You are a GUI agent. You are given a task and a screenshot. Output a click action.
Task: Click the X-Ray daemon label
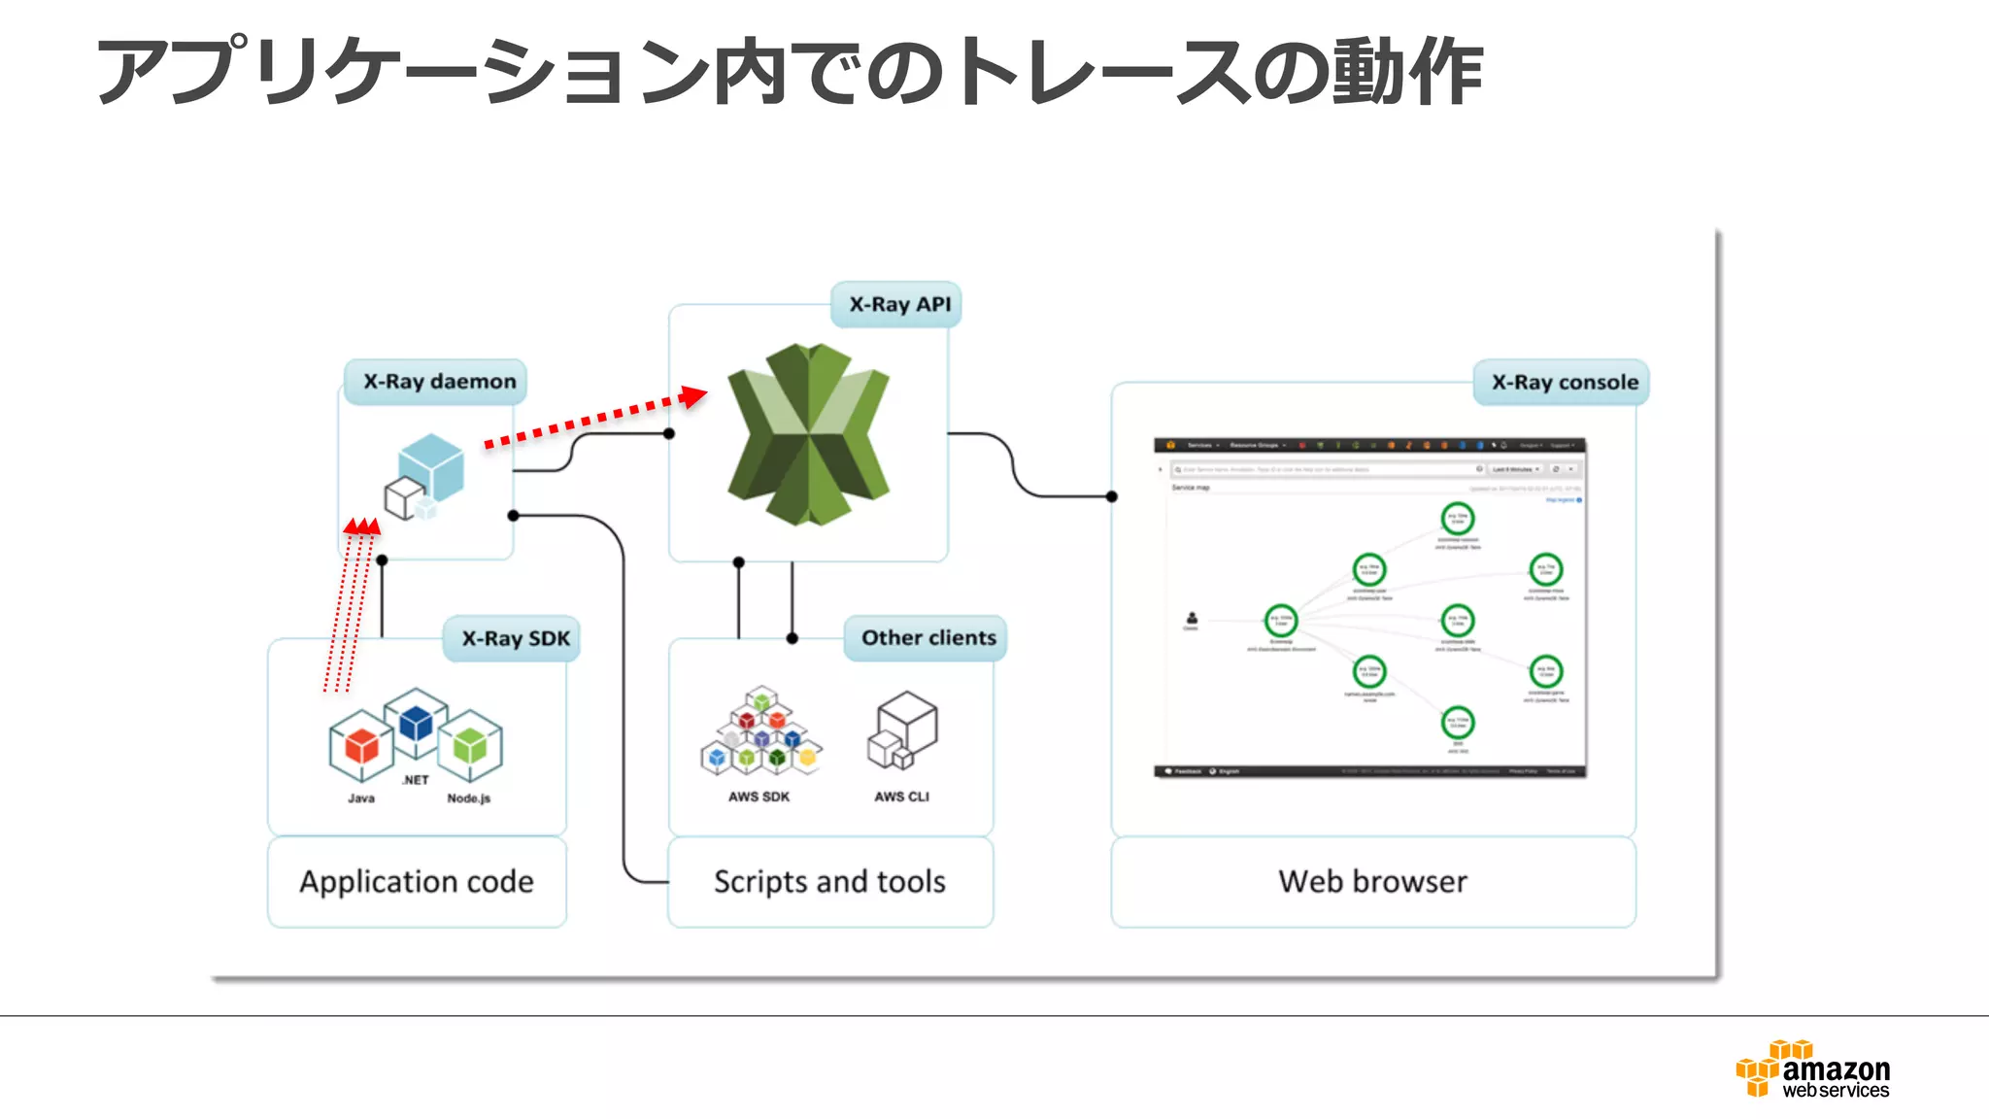point(439,382)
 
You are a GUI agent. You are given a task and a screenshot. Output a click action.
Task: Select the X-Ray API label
point(899,305)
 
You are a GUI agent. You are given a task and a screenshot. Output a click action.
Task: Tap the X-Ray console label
point(1564,383)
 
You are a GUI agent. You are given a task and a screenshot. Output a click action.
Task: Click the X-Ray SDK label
point(515,639)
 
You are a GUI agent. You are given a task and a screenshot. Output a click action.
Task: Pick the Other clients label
point(927,638)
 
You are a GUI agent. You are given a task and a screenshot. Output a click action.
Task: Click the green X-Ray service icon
point(808,434)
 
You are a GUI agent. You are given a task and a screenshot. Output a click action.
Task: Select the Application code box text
point(417,882)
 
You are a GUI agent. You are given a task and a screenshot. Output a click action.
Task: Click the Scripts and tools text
point(829,882)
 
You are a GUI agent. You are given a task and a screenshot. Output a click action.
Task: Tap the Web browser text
point(1372,882)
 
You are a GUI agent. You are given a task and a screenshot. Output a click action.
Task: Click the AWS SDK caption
point(759,797)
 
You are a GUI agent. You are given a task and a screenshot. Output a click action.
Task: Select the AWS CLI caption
point(901,797)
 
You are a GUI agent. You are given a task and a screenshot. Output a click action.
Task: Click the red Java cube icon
point(361,746)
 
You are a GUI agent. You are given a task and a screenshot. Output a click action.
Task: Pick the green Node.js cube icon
point(470,746)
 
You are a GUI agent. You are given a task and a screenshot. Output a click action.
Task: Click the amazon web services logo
point(1813,1069)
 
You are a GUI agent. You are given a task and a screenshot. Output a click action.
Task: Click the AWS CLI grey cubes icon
point(902,731)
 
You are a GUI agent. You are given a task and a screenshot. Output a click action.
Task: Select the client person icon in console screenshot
point(1192,619)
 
